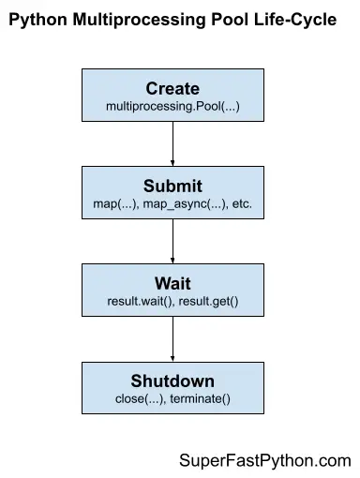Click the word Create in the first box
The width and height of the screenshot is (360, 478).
[x=172, y=89]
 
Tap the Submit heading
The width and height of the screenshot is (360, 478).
[x=172, y=186]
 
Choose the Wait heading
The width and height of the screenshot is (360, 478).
[x=172, y=283]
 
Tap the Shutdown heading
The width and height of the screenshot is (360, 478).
[x=172, y=381]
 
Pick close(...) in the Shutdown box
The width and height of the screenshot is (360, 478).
[x=140, y=398]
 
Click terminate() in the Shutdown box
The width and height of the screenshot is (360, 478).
[x=200, y=398]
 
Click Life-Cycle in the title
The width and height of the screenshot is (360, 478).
[x=298, y=20]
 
